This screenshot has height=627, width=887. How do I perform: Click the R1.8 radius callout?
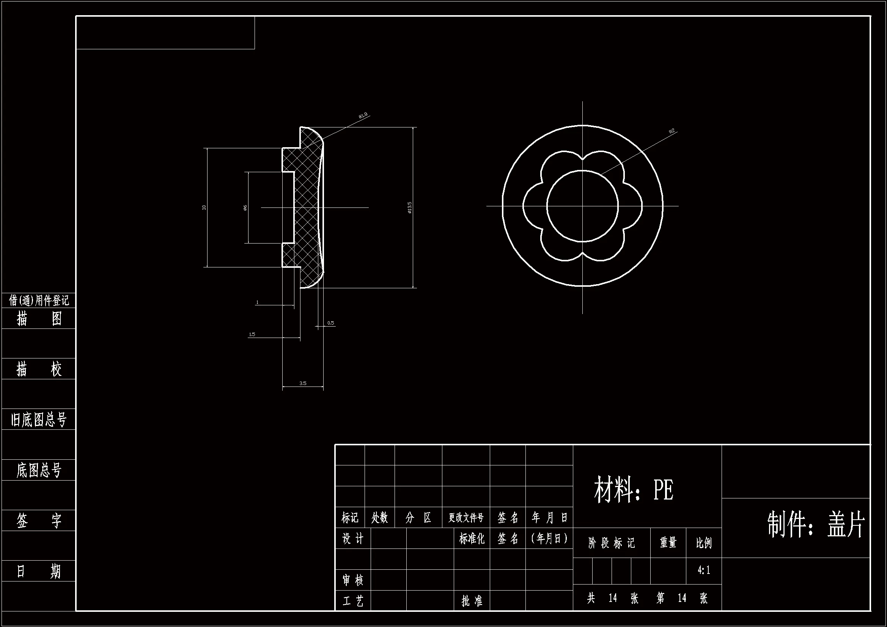click(363, 115)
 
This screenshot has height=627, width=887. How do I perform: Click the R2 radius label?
click(672, 131)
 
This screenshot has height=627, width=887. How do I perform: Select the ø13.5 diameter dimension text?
click(409, 207)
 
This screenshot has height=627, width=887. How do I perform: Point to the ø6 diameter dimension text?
click(245, 208)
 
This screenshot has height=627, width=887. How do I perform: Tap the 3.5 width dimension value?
click(302, 383)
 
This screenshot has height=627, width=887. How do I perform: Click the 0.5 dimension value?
click(331, 323)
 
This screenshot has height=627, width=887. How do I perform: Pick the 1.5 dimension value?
click(252, 335)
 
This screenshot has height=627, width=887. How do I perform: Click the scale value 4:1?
click(703, 570)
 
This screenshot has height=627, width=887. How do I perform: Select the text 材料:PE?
click(634, 490)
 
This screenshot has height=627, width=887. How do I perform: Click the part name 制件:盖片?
click(816, 525)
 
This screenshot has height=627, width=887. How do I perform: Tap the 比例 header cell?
click(703, 543)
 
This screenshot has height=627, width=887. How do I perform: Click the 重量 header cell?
click(668, 543)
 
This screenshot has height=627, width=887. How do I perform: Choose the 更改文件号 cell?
click(466, 518)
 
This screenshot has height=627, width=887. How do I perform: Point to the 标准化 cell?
click(472, 539)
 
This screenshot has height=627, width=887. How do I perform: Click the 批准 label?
click(472, 601)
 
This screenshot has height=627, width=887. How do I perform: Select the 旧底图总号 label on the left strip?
click(39, 420)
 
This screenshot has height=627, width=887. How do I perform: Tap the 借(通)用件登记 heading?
click(39, 300)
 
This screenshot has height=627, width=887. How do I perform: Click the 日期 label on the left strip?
click(39, 571)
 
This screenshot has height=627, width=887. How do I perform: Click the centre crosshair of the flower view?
click(583, 206)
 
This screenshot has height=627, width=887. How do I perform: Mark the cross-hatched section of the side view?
click(307, 209)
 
